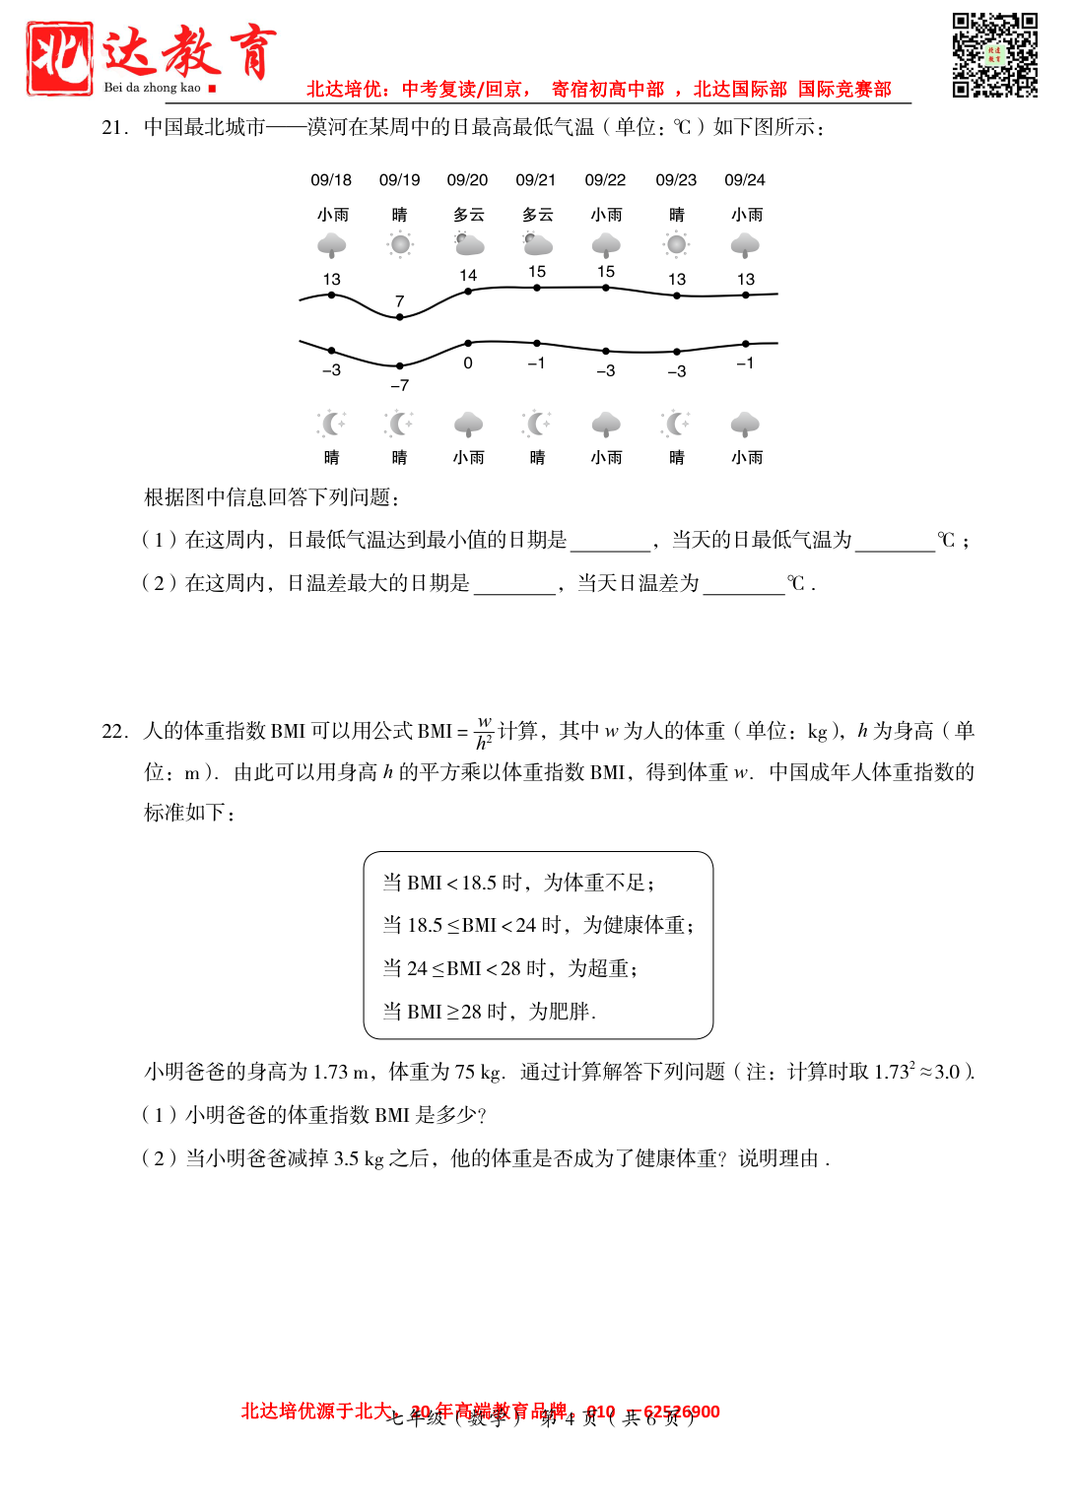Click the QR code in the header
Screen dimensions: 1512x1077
tap(994, 55)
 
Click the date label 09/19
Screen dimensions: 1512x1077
tap(399, 180)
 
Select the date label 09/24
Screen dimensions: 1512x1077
tap(744, 180)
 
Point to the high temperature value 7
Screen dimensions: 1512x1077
tap(399, 301)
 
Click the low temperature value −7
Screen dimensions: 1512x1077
tap(399, 385)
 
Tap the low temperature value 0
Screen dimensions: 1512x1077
tap(468, 363)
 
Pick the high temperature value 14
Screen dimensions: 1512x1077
tap(468, 276)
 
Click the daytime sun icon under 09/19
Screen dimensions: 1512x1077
tap(399, 244)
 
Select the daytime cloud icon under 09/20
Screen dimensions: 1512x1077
tap(469, 244)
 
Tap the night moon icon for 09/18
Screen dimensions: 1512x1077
tap(332, 425)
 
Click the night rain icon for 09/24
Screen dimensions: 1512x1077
tap(745, 425)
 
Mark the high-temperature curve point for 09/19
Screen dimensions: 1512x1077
tap(399, 317)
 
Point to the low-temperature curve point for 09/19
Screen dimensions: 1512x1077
tap(399, 365)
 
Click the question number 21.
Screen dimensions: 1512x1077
tap(114, 128)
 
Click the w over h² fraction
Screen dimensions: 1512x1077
tap(484, 733)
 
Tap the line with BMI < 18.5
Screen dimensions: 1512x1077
tap(518, 884)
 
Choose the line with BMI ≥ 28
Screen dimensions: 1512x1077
tap(489, 1012)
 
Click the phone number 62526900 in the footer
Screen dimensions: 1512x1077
tap(681, 1412)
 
